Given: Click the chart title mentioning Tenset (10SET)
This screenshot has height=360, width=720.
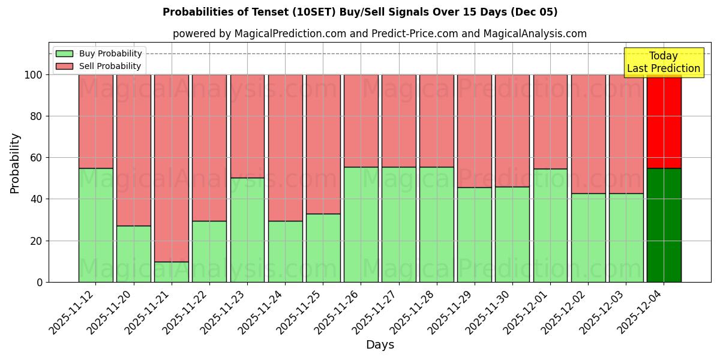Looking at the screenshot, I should (x=360, y=12).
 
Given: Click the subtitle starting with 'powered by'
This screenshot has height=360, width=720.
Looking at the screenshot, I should (x=379, y=34).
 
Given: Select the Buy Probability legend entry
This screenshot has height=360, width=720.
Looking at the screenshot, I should (x=110, y=53).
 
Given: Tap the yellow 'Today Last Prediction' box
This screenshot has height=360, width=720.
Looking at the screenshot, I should (x=663, y=62).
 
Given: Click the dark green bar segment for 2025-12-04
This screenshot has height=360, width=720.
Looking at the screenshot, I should (x=664, y=225).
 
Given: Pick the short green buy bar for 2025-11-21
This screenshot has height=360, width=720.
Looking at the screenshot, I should (x=172, y=272).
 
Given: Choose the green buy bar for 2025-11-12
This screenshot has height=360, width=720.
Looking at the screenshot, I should (x=96, y=225).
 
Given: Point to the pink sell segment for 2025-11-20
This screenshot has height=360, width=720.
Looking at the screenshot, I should (x=134, y=150).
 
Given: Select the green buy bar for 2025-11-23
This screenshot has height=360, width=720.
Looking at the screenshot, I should (x=247, y=230).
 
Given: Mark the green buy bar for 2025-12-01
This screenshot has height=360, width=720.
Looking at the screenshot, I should (x=550, y=225).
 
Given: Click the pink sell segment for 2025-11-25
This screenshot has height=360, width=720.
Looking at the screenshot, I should (x=323, y=144).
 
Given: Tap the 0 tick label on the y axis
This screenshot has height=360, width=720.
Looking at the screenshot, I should (x=40, y=282).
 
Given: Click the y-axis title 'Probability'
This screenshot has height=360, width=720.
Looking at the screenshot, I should (x=15, y=163).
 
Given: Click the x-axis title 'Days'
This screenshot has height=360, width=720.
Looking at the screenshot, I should (x=379, y=345).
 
